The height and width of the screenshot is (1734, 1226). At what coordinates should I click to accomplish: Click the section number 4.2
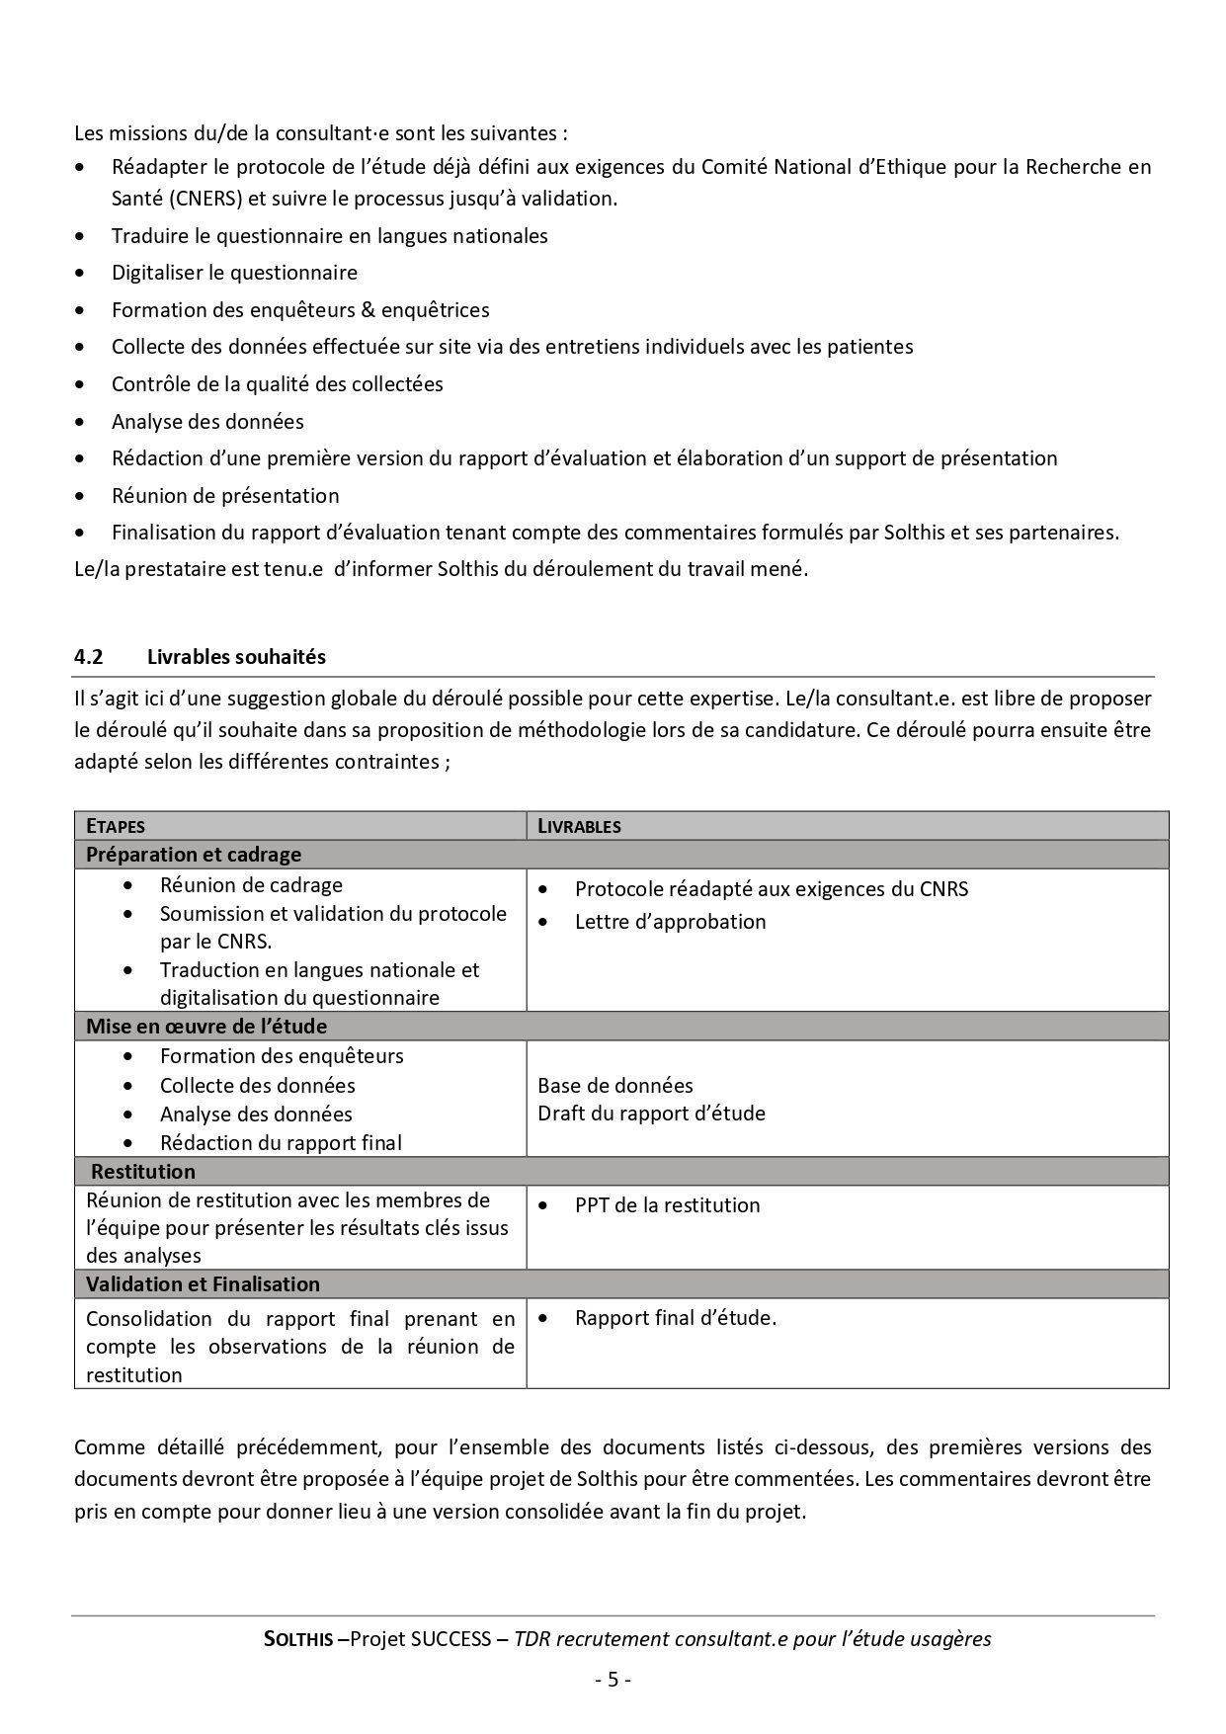tap(89, 657)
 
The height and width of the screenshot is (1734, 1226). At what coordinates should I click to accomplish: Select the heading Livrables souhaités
tap(236, 657)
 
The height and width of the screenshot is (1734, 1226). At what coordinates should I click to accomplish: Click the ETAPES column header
tap(116, 826)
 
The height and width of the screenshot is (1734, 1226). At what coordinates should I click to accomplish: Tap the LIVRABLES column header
tap(579, 826)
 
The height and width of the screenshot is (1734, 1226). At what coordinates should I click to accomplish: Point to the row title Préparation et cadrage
tap(194, 855)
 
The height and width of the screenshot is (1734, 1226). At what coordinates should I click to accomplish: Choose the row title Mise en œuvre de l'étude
tap(206, 1026)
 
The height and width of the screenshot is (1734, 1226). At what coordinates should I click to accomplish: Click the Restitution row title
tap(143, 1172)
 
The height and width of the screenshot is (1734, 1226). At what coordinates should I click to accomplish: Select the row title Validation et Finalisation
tap(204, 1284)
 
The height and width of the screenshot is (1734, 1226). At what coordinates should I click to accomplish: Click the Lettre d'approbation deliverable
tap(670, 922)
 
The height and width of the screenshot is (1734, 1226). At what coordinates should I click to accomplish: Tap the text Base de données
tap(615, 1085)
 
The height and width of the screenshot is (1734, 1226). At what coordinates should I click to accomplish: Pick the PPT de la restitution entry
tap(667, 1205)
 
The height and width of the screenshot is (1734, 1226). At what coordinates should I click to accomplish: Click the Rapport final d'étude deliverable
tap(676, 1318)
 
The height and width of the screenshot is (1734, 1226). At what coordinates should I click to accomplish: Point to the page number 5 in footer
tap(613, 1679)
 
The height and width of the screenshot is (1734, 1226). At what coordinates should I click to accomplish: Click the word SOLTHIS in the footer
tap(298, 1640)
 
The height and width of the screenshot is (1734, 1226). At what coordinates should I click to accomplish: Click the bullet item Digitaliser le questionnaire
tap(234, 273)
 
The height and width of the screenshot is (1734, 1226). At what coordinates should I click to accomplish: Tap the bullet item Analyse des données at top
tap(207, 422)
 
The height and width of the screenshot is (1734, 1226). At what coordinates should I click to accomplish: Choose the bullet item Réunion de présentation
tap(225, 496)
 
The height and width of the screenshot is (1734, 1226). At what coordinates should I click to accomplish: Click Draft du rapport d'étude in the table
tap(651, 1114)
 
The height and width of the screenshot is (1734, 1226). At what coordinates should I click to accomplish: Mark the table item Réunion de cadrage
tap(251, 885)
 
